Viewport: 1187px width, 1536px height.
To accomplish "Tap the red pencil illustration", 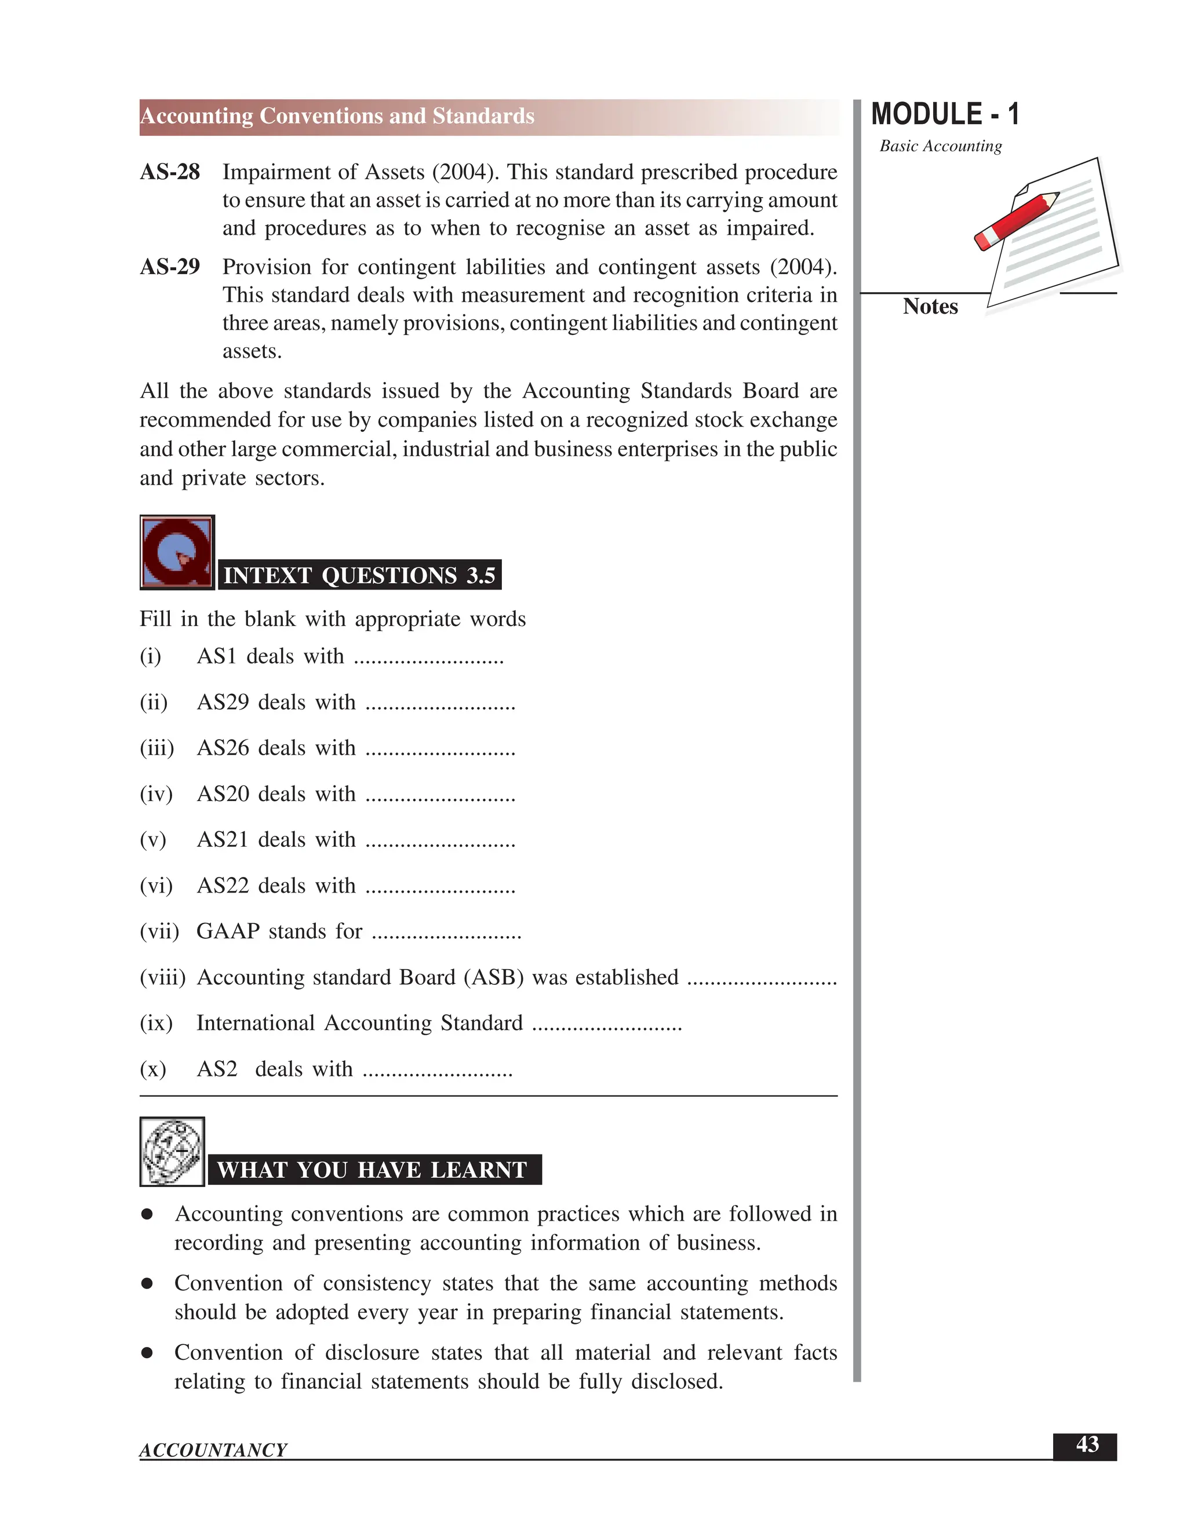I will coord(1015,220).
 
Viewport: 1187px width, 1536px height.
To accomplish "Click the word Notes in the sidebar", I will coord(930,307).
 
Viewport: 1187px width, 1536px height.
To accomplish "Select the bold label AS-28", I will coord(169,172).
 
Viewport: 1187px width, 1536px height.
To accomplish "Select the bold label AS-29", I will coord(169,267).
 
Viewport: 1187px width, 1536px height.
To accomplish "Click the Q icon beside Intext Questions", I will coord(177,552).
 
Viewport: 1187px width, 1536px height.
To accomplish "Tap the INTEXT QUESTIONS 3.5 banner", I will coord(359,576).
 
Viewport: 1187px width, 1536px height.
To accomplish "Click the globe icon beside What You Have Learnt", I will coord(172,1151).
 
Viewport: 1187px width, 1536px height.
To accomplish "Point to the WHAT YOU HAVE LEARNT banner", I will coord(374,1170).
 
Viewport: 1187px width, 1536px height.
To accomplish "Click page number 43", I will coord(1087,1444).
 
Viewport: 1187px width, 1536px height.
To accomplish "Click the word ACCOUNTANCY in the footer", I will coord(213,1450).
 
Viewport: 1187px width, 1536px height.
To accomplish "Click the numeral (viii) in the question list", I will coord(162,978).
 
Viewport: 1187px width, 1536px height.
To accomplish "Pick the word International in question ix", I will coord(255,1023).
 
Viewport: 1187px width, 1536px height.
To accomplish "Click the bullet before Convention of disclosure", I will coord(147,1352).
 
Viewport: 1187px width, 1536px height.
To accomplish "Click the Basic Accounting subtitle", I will coord(940,146).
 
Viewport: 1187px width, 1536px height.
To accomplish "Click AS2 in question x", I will coord(217,1069).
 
